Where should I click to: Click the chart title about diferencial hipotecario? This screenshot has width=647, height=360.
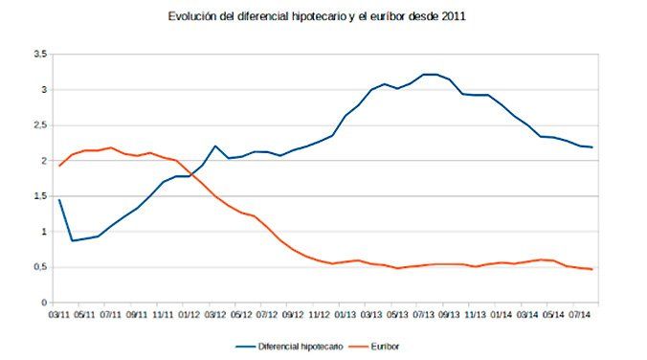pos(324,17)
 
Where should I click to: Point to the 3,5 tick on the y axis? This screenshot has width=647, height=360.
pos(40,55)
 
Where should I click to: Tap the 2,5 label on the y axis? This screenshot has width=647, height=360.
pos(40,125)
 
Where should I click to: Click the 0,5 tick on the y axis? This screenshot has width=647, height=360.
pos(40,267)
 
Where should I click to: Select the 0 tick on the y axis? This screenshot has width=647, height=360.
pos(44,303)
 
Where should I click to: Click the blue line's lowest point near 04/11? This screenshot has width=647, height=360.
pos(73,240)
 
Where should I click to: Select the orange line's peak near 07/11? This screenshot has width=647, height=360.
pos(112,147)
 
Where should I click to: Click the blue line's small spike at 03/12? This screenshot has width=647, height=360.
pos(215,146)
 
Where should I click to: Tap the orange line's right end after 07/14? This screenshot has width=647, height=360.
pos(592,269)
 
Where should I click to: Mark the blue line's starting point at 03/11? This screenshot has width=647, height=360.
pos(59,200)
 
